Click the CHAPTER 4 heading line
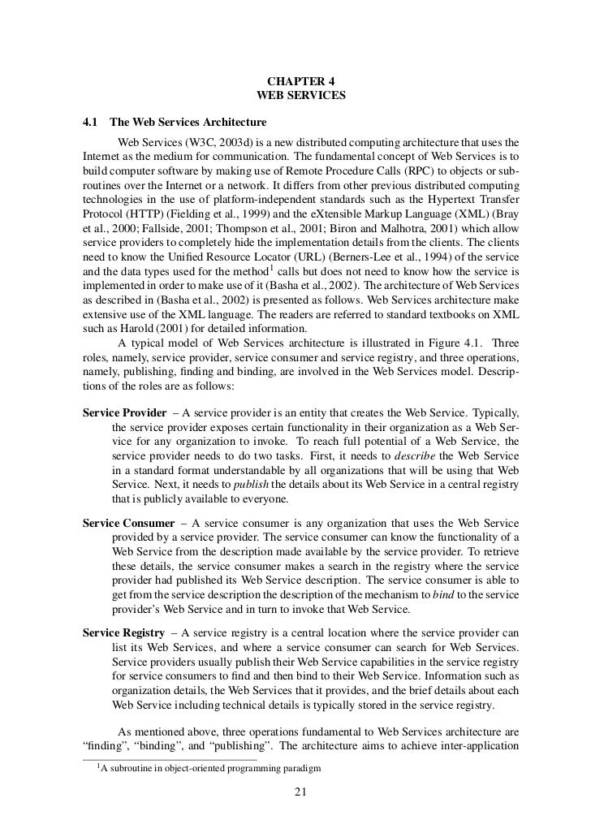[x=300, y=81]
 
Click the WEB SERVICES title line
[x=300, y=96]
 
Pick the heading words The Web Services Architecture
[x=188, y=123]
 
